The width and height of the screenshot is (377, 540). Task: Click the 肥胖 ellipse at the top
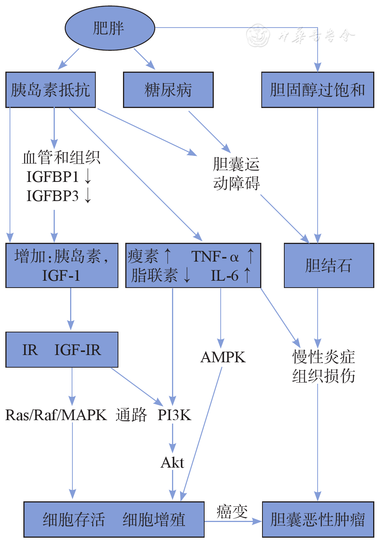point(110,28)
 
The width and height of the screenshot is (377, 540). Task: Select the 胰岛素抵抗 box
point(50,90)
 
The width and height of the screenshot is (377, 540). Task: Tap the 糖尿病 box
point(168,90)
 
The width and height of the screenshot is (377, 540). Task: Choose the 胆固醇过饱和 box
point(317,90)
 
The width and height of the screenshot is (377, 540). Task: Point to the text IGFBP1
point(52,177)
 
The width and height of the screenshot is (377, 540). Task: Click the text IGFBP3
point(52,196)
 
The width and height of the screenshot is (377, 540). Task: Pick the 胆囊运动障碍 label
point(236,173)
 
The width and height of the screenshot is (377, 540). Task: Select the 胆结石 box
point(328,265)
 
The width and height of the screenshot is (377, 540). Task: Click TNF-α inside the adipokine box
point(215,256)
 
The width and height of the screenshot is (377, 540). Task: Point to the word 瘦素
point(143,256)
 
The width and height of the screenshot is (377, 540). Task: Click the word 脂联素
point(154,275)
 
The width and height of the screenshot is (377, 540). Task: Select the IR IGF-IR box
point(62,350)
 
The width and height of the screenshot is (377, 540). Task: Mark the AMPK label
point(223,357)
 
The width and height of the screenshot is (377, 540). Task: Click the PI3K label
point(174,415)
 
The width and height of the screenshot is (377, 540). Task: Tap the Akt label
point(172,463)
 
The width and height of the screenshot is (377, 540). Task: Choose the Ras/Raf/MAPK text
point(56,415)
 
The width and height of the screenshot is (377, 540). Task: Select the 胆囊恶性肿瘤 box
point(318,520)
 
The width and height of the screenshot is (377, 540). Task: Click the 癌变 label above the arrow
point(232,512)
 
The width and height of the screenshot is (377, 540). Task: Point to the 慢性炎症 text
point(324,357)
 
